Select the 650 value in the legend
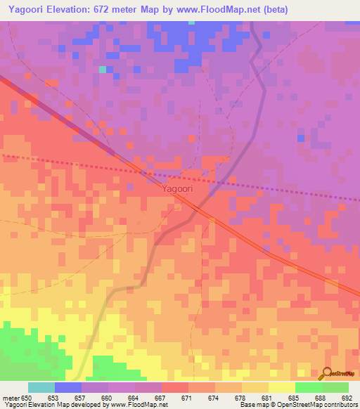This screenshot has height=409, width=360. pos(27,397)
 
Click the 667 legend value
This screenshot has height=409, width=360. pos(161,397)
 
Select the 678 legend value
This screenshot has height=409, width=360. pos(241,397)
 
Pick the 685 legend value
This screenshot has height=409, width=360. pos(295,397)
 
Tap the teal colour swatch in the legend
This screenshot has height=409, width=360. pos(41,387)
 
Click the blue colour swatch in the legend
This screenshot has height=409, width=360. pos(67,387)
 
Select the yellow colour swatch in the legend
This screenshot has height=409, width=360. pos(281,387)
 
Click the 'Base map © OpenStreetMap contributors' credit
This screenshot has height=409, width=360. pos(297,405)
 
